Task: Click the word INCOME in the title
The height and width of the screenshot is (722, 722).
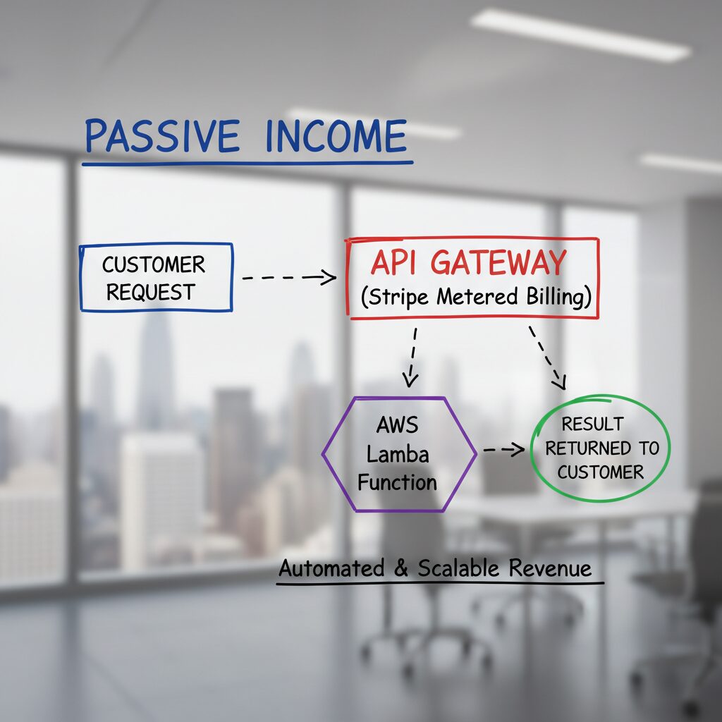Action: (x=336, y=136)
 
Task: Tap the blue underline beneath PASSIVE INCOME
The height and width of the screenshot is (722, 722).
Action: (x=247, y=164)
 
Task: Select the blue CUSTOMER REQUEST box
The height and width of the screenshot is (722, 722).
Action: (x=156, y=277)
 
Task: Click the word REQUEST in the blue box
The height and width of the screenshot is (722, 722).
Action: (x=150, y=291)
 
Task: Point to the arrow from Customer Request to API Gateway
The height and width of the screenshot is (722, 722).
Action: (x=289, y=278)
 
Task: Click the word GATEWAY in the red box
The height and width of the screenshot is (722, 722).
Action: (x=498, y=263)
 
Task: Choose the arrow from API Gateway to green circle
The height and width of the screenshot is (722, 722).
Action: (x=548, y=356)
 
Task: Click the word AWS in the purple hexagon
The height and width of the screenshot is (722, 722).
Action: (x=397, y=425)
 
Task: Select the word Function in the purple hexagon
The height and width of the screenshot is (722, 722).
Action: (x=397, y=482)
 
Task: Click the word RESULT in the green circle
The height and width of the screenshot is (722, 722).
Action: (x=592, y=424)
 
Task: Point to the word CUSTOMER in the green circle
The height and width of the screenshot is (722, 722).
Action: (x=601, y=472)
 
